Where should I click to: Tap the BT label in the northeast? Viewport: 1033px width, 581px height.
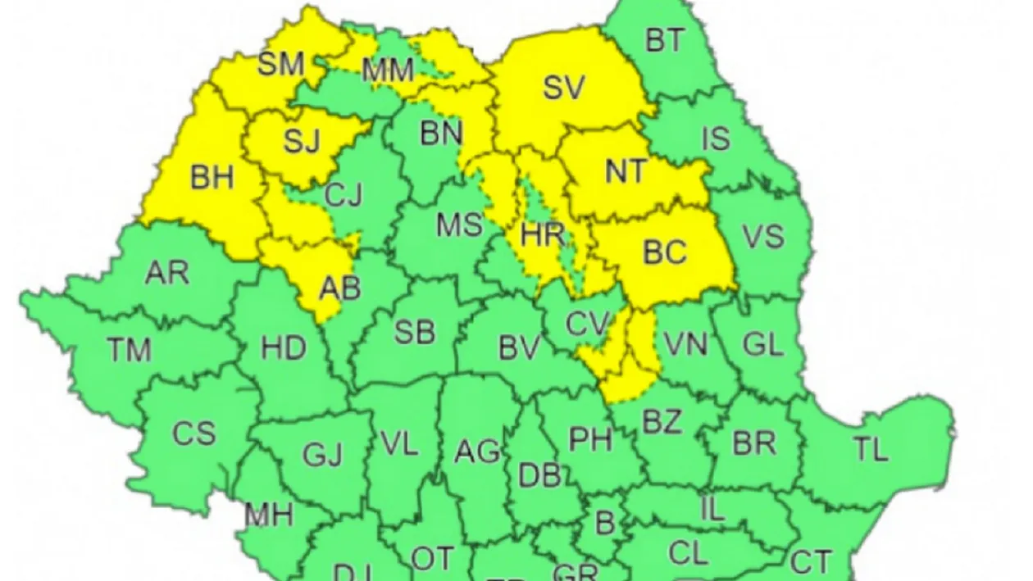point(664,40)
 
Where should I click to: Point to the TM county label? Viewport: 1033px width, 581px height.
point(129,350)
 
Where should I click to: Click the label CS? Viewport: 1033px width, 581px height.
point(194,433)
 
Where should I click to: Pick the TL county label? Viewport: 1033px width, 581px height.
point(870,448)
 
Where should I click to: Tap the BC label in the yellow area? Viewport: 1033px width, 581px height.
point(664,252)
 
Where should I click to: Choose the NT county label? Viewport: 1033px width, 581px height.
point(626,172)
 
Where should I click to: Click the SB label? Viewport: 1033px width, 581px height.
point(414,333)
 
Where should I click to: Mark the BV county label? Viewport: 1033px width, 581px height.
point(519,348)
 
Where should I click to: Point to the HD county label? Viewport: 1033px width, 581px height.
point(283,348)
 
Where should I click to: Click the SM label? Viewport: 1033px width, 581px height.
point(280,65)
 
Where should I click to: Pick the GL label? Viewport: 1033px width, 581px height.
point(762,345)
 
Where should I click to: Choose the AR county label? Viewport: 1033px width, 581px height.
point(166,273)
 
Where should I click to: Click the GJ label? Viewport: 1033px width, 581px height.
point(322,453)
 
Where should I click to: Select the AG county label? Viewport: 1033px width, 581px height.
point(477,450)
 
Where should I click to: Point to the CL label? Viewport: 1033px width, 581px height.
point(688,553)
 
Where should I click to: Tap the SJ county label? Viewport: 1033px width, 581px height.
point(301,141)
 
